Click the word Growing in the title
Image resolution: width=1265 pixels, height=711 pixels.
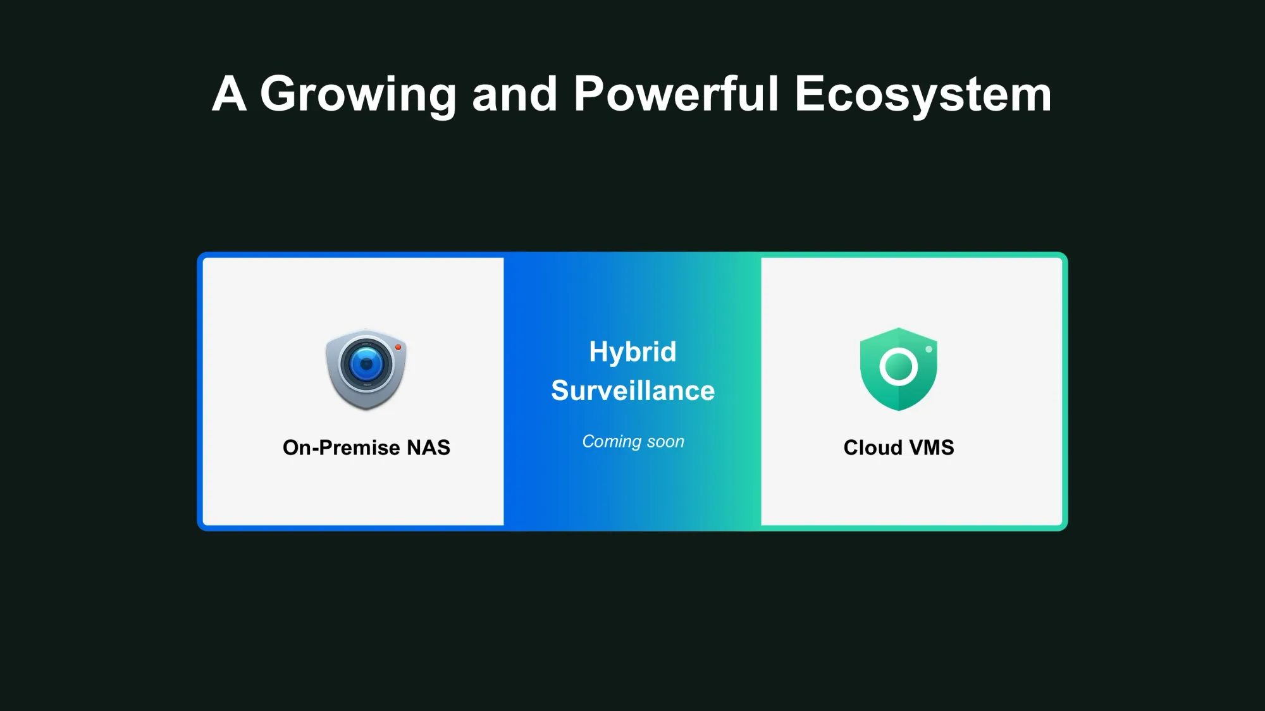[x=358, y=95]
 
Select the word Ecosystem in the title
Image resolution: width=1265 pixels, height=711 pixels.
[x=923, y=95]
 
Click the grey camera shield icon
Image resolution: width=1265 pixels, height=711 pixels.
[x=366, y=369]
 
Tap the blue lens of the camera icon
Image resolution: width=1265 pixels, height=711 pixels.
[x=366, y=364]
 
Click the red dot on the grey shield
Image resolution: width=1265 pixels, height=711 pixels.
[x=398, y=347]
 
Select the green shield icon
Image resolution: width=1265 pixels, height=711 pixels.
[x=899, y=369]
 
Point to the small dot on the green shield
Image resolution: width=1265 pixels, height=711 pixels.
[x=929, y=349]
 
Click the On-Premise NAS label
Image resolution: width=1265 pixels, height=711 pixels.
[x=366, y=447]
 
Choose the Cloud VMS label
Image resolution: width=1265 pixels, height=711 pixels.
[x=899, y=447]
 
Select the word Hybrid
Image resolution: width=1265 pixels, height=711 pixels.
[x=632, y=353]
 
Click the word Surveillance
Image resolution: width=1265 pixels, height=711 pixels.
[x=632, y=391]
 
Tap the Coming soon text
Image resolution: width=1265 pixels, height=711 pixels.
[x=633, y=442]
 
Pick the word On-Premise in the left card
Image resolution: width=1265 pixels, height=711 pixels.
[x=342, y=447]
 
